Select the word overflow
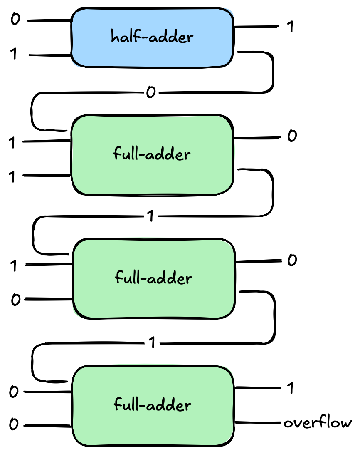tap(318, 424)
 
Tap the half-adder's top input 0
tap(15, 20)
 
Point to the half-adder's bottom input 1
tap(14, 55)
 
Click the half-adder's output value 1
tap(290, 27)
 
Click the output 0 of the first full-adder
tap(292, 136)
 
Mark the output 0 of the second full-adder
tap(292, 260)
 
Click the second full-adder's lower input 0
tap(15, 300)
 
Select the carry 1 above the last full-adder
tap(152, 343)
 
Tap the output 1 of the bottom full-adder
tap(290, 388)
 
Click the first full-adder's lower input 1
tap(12, 176)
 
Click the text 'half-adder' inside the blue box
tap(152, 37)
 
